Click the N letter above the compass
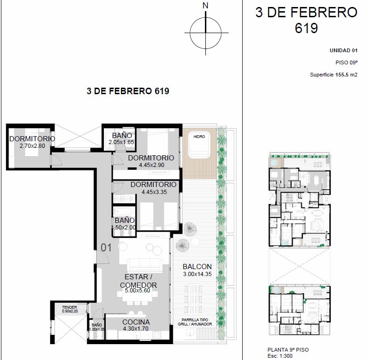pos(205,6)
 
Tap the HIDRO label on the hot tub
pos(199,137)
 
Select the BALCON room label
pos(197,267)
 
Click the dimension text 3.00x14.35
pos(197,274)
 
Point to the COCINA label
pos(136,322)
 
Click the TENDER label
pos(69,307)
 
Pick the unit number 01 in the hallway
pos(106,248)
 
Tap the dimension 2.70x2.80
pos(32,146)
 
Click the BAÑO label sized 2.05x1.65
pos(122,136)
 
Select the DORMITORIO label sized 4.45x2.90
pos(151,158)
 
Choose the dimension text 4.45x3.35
pos(154,192)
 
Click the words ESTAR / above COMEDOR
pos(139,277)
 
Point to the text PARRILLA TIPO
pos(195,320)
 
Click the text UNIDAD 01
pos(344,50)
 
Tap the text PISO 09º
pos(347,62)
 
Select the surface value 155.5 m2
pos(347,75)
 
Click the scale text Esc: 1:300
pos(280,356)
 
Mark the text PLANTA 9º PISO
pos(288,350)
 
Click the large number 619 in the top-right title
pos(306,28)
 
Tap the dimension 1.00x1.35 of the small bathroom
pos(97,329)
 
